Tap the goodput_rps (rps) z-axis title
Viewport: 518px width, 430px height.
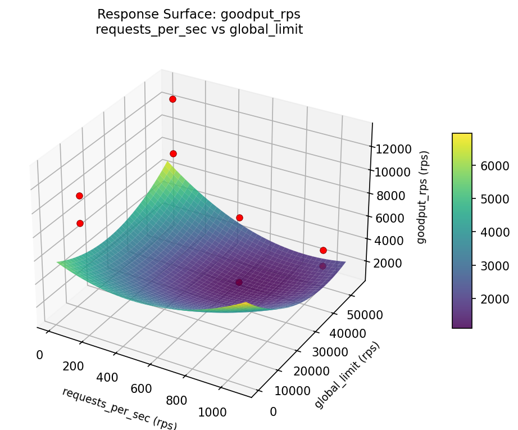422,197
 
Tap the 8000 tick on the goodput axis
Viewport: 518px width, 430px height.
389,195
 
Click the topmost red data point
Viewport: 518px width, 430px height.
172,99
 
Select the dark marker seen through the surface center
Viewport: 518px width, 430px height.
239,282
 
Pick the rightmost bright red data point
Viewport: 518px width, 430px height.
323,250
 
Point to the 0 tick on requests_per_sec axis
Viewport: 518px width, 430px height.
39,355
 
